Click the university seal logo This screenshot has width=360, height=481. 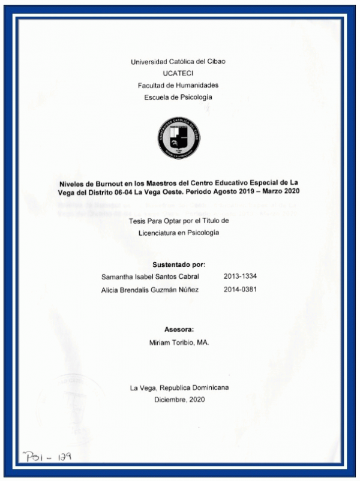click(x=178, y=137)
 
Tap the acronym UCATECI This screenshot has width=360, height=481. click(x=178, y=73)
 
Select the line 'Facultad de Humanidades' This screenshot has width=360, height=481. click(x=178, y=85)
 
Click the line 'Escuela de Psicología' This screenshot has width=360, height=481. click(x=178, y=97)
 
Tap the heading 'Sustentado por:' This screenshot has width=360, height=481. click(x=179, y=264)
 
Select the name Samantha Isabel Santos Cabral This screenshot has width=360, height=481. click(x=151, y=276)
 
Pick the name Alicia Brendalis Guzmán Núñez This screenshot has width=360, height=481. click(x=151, y=290)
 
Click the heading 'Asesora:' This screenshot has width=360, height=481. click(x=179, y=329)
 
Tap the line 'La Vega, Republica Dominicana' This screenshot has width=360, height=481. click(x=179, y=387)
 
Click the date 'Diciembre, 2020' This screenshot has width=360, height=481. click(x=179, y=399)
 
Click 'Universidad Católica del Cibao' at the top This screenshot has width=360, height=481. click(x=178, y=61)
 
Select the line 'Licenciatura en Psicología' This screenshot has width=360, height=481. click(x=178, y=233)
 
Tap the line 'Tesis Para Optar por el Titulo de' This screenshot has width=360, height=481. click(x=179, y=221)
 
